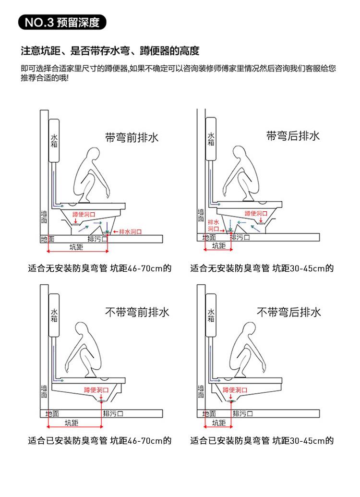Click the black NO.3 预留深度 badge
(x=62, y=22)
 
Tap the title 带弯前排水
(x=132, y=137)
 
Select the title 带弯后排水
(x=293, y=136)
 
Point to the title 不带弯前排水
(x=137, y=312)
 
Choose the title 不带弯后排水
(x=288, y=312)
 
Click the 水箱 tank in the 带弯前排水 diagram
(x=54, y=140)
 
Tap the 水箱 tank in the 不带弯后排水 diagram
(x=211, y=315)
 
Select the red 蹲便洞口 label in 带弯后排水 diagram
(x=256, y=214)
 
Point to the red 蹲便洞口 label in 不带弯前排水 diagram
(x=96, y=390)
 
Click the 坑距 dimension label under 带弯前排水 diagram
(x=76, y=247)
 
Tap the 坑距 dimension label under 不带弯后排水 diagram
(x=219, y=423)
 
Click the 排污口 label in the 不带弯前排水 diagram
(x=113, y=413)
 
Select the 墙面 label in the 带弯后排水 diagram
(x=201, y=215)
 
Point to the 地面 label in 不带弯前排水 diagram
(x=52, y=413)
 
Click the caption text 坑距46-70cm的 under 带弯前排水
(x=141, y=268)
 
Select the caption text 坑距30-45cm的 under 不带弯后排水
(x=303, y=441)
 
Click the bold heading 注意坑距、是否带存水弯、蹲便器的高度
(x=110, y=51)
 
